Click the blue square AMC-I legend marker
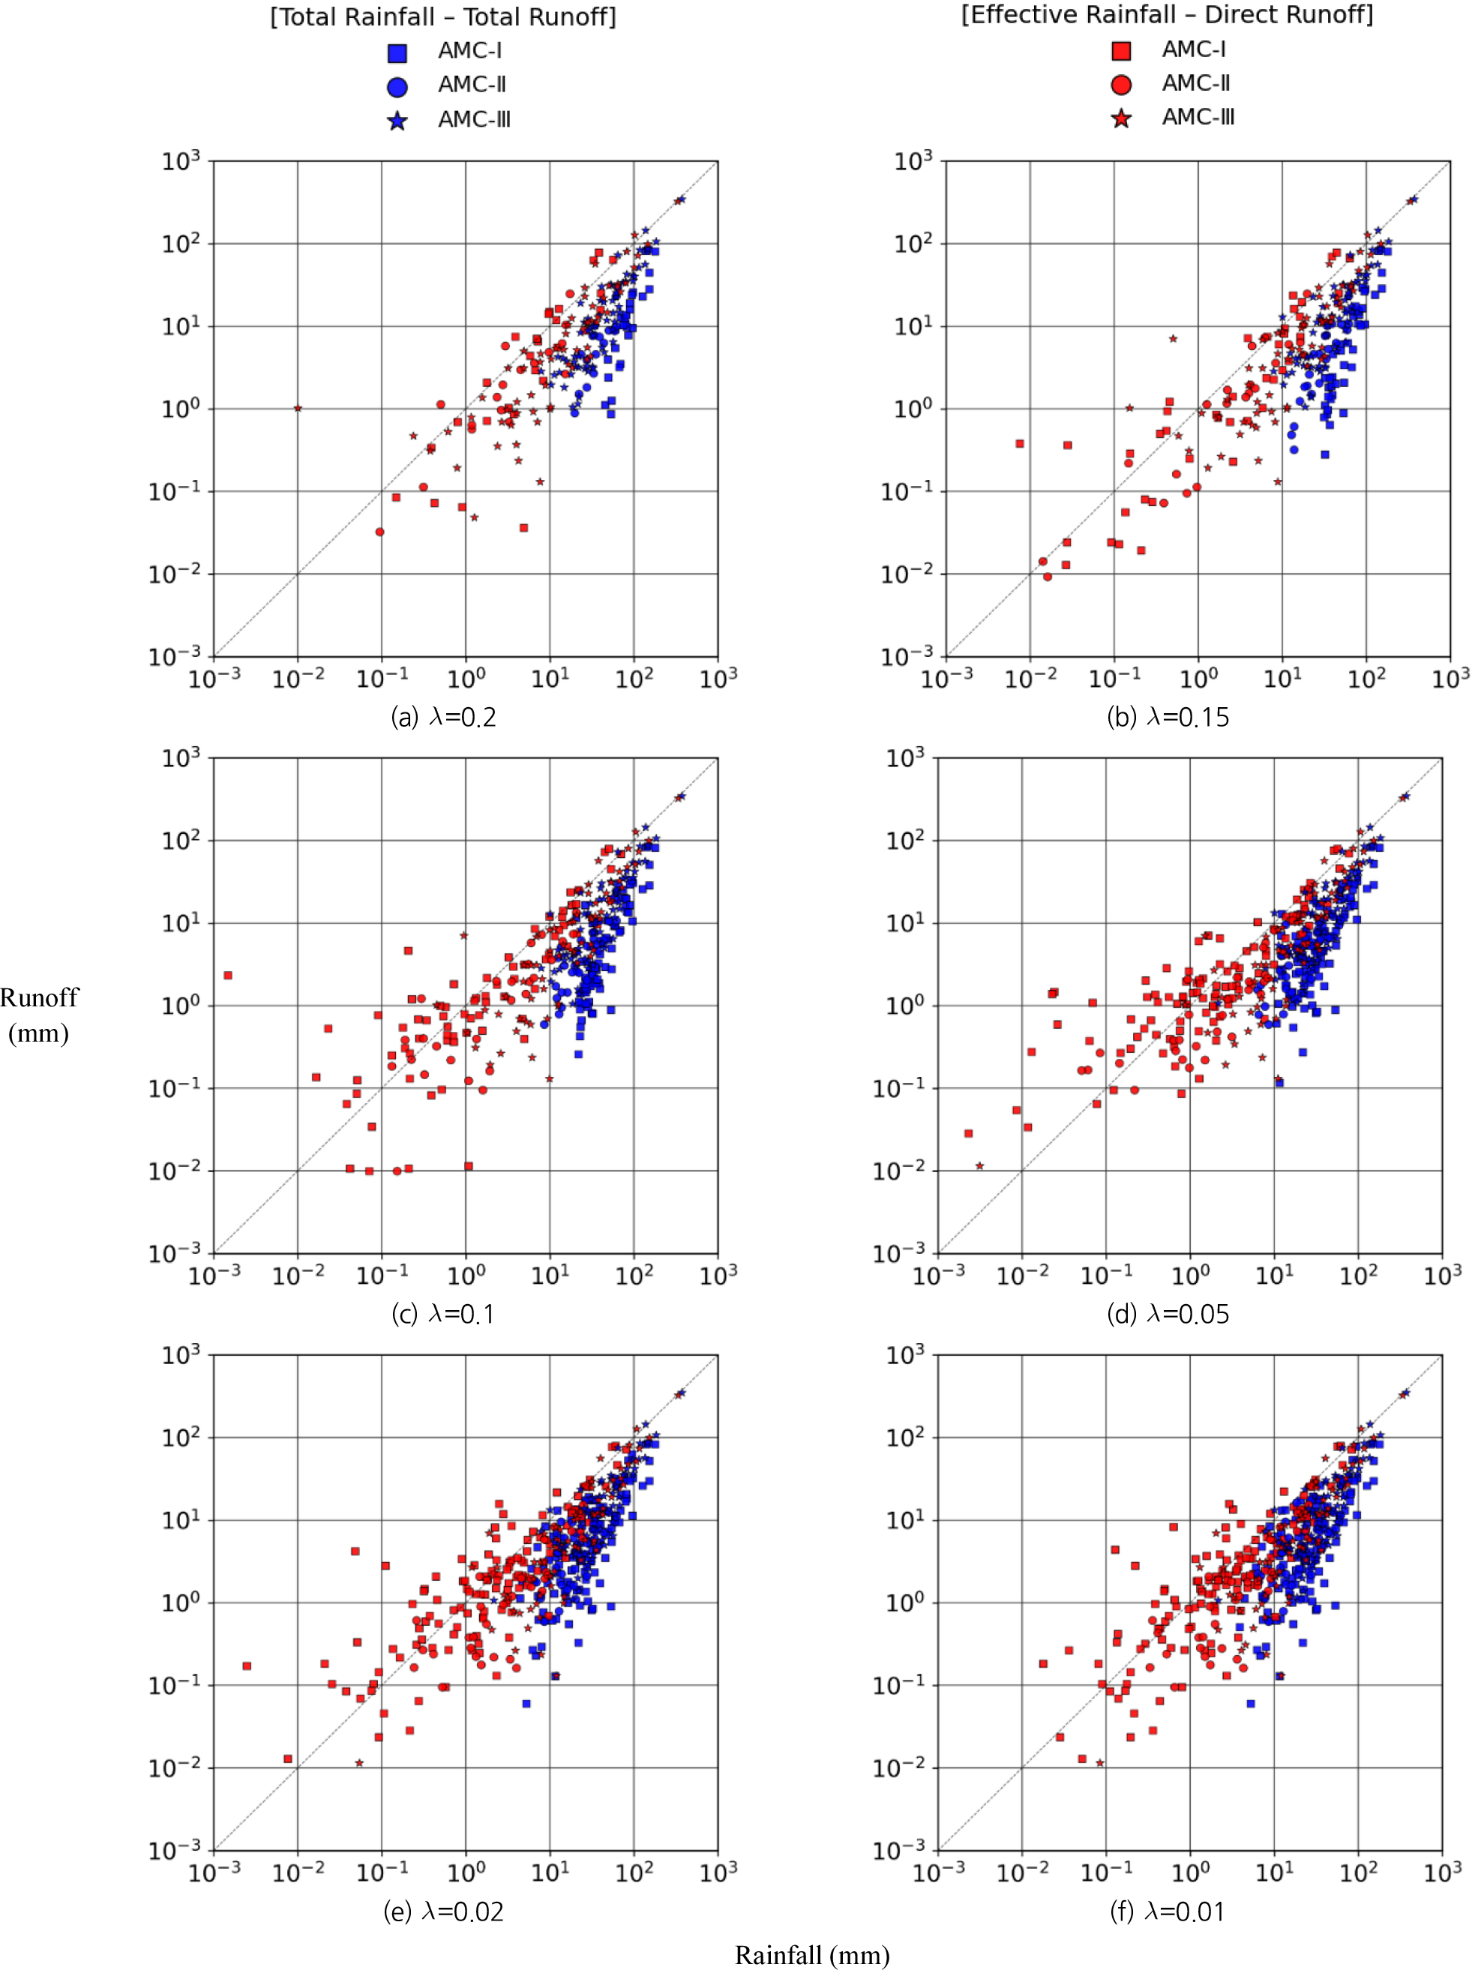click(397, 52)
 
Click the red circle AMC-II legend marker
click(1121, 85)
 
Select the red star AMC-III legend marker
click(1121, 118)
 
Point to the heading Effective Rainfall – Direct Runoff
click(1167, 15)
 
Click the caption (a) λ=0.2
click(443, 717)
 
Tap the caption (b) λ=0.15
click(1168, 717)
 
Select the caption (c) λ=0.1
click(442, 1314)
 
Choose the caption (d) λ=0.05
click(1168, 1314)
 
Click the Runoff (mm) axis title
click(39, 1015)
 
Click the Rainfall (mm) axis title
click(811, 1955)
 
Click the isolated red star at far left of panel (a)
click(298, 409)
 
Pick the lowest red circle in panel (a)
click(380, 532)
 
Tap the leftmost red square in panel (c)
click(228, 975)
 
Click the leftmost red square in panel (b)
click(1020, 443)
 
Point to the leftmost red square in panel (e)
click(247, 1666)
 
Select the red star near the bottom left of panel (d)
click(979, 1166)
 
